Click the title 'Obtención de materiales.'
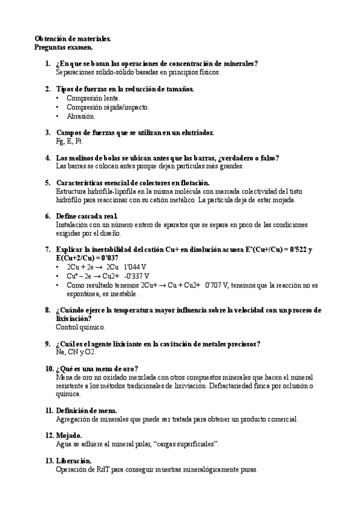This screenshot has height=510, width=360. pos(72,38)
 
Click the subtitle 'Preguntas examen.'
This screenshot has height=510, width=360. pos(63,47)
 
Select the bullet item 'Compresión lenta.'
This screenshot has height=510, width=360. pos(93,98)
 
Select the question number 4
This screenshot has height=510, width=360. pos(48,158)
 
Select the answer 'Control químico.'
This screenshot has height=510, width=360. pos(81,327)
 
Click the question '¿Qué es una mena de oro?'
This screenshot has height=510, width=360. pos(97,368)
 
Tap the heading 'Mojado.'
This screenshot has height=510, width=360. pos(69,435)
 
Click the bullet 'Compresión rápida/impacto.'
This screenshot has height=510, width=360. pos(108,107)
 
